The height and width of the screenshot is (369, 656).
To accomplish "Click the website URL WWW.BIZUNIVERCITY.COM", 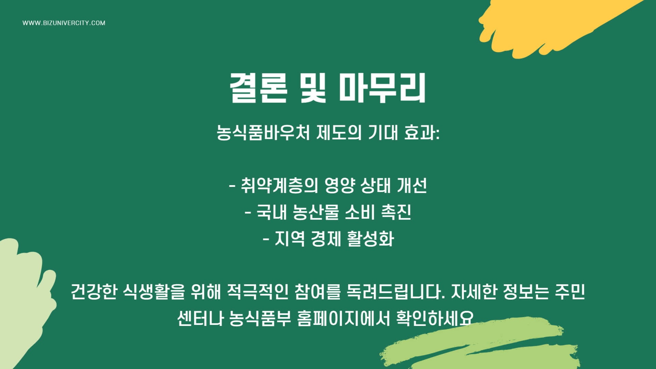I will coord(64,23).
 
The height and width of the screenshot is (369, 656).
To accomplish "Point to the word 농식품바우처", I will coord(263,132).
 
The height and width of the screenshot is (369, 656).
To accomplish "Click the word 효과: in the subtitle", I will coord(422,132).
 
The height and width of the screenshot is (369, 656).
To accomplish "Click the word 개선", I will coord(412,186).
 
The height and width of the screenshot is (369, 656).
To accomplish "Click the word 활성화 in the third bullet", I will coord(370,238).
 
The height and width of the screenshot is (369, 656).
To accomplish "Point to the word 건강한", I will coord(94,292).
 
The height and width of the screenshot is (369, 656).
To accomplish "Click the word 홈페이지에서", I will coord(343,318).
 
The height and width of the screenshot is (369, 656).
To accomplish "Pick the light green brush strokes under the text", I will coord(485,348).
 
